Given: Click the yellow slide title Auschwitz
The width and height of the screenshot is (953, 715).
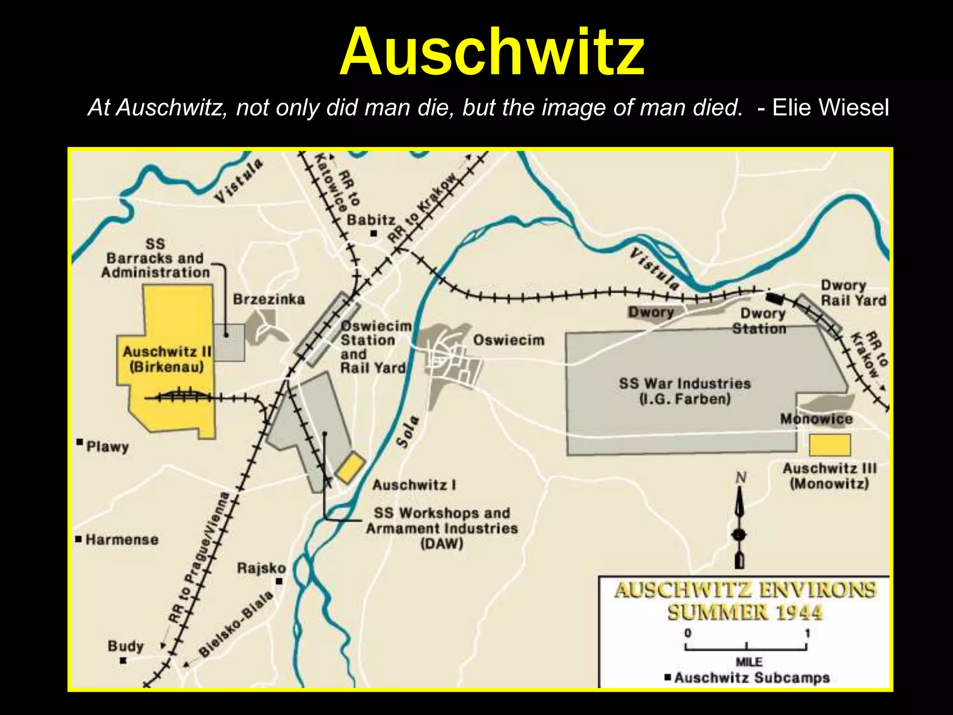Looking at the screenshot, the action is [x=492, y=52].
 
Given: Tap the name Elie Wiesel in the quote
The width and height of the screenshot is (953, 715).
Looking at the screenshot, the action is [x=830, y=108].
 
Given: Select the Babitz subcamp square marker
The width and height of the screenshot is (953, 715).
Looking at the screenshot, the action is [x=373, y=233].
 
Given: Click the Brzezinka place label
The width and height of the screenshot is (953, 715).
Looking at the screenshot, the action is [x=269, y=299].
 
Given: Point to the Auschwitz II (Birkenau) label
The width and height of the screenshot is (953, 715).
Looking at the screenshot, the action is [x=167, y=359].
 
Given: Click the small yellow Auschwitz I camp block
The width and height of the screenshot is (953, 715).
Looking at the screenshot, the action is [x=350, y=467].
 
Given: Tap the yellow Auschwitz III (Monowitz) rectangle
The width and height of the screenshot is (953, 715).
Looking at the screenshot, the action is [x=829, y=445].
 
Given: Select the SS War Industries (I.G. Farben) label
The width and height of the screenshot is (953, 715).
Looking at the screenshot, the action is [x=685, y=391].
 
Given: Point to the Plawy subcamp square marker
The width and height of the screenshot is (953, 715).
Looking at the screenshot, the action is [x=80, y=442].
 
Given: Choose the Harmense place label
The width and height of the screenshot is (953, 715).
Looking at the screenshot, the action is [x=122, y=540].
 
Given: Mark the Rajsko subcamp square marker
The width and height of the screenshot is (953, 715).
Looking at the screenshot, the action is [x=279, y=581].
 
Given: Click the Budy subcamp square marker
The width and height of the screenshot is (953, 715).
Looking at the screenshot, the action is [x=123, y=660].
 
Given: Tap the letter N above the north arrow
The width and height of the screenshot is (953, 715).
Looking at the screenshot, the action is [x=741, y=478].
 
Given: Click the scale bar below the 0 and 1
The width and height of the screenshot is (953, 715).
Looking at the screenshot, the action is [x=746, y=647].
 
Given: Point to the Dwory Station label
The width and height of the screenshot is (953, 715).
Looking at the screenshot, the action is [x=759, y=321].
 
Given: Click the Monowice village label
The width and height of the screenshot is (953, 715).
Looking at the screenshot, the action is [x=816, y=419].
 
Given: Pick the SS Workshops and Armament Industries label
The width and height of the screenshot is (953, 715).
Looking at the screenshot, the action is [x=442, y=528].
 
